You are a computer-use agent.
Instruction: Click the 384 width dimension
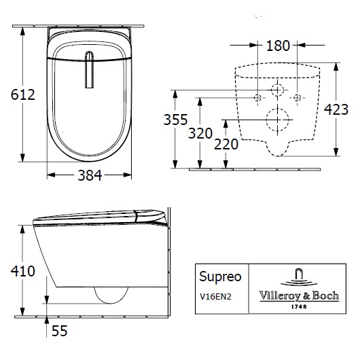pyautogui.click(x=88, y=175)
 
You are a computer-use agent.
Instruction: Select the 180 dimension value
pyautogui.click(x=277, y=46)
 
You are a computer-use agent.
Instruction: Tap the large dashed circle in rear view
pyautogui.click(x=277, y=121)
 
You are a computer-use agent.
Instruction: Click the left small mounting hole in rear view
pyautogui.click(x=257, y=96)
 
